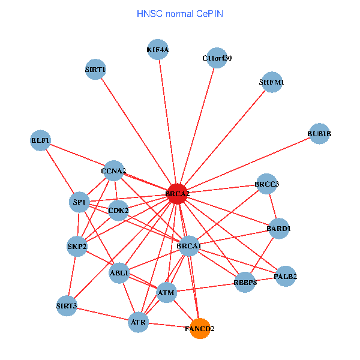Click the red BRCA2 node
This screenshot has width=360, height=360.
point(177,194)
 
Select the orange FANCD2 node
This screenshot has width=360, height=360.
point(200,328)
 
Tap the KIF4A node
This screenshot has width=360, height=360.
point(158,50)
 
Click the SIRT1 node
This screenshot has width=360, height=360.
point(95,70)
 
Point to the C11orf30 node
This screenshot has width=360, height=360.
point(217,58)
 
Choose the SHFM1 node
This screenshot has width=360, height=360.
point(271,82)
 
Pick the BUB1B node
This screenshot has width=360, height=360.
point(319,133)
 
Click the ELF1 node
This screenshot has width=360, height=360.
point(40,141)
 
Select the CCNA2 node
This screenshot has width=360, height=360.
point(113,172)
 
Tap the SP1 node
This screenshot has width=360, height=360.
point(80,202)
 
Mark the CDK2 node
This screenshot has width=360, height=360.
point(118,211)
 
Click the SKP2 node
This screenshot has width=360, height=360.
point(77,246)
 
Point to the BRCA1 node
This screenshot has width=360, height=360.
point(189,246)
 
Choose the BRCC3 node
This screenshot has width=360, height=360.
point(266,184)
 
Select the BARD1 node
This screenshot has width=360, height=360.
point(278,229)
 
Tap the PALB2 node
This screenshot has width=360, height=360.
point(286,277)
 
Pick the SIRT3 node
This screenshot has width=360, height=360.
point(67,306)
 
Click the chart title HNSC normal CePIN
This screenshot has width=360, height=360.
point(180,13)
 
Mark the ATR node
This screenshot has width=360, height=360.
point(139,323)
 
